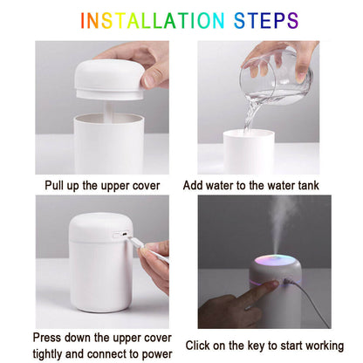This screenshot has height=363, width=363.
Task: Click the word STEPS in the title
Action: [264, 20]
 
